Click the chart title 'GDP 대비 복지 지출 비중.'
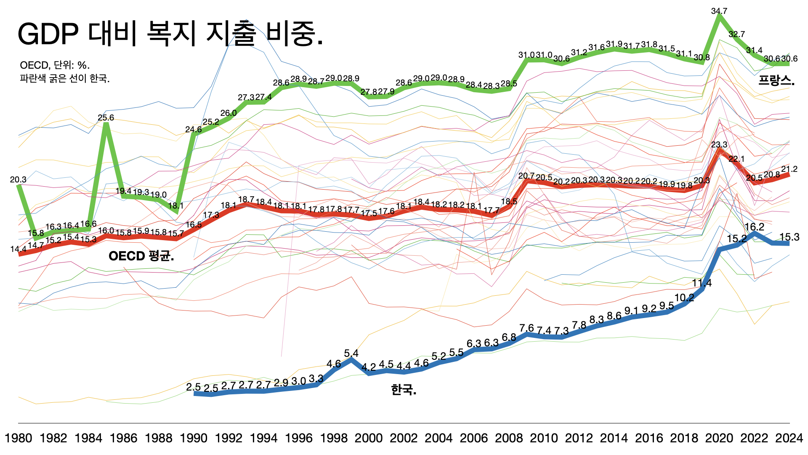tap(170, 34)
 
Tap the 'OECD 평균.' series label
tap(141, 256)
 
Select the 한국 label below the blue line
tap(404, 390)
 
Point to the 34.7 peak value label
tap(719, 11)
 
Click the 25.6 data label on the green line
tap(106, 118)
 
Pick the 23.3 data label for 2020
tap(719, 145)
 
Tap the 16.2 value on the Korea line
tap(754, 227)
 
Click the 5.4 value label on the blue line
tap(351, 353)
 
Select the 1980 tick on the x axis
tap(19, 438)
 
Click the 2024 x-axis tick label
tap(789, 438)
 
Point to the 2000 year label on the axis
tap(369, 438)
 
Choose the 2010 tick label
tap(544, 438)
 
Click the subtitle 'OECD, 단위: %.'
tap(55, 65)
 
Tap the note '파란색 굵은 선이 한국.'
tap(64, 78)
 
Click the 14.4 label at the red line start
tap(18, 249)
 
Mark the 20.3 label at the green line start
tap(18, 179)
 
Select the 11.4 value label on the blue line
tap(702, 283)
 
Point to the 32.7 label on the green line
tap(736, 34)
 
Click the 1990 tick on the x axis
tap(194, 438)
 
